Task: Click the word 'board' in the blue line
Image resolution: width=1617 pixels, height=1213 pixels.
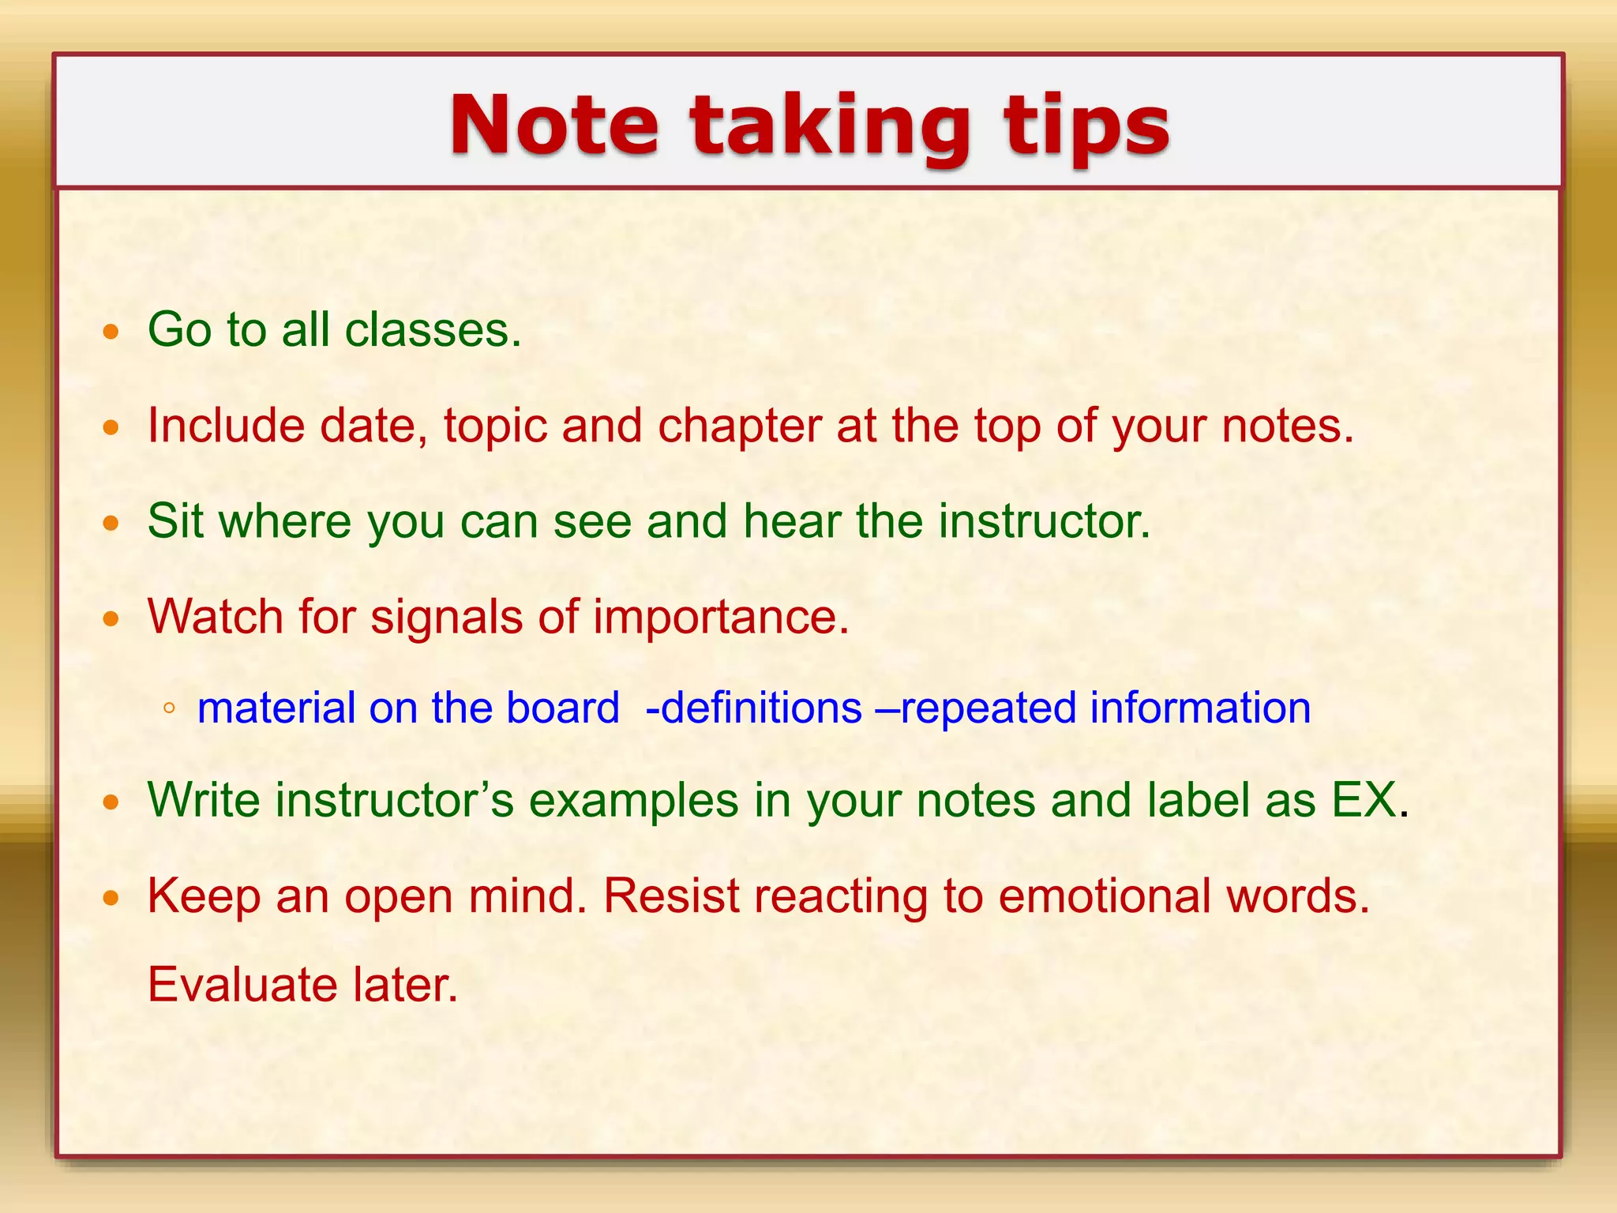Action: (x=562, y=708)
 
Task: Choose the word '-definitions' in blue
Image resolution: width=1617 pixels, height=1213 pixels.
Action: (x=753, y=708)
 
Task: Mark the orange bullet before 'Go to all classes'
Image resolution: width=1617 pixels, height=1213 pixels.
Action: (x=111, y=332)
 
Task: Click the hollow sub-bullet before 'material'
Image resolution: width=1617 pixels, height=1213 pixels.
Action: (x=168, y=708)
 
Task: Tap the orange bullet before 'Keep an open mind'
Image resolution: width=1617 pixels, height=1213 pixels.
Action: (x=111, y=898)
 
